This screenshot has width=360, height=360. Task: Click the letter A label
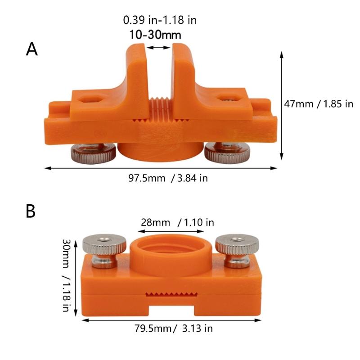pos(31,49)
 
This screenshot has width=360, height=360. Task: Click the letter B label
pos(31,211)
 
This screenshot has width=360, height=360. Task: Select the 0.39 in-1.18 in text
pos(160,20)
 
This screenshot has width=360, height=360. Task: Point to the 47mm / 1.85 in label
pos(319,104)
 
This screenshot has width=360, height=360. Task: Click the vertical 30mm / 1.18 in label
pos(67,275)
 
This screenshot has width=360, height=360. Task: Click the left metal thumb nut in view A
pos(93,153)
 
